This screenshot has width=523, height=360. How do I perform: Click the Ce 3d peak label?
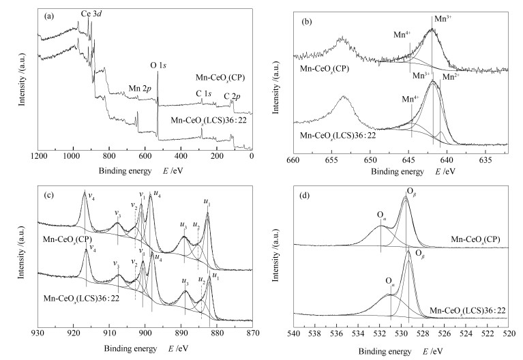point(92,14)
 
